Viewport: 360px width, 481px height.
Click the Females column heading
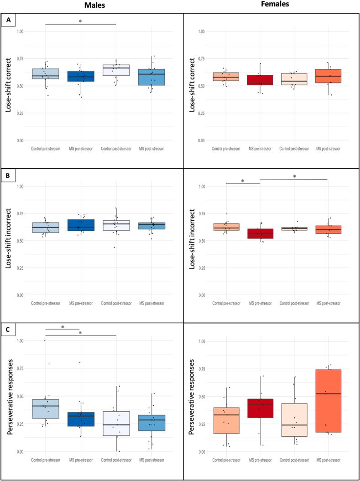tap(273, 5)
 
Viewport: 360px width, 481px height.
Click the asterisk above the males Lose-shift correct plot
tap(80, 21)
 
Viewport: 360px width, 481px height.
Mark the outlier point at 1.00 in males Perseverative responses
tap(45, 341)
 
